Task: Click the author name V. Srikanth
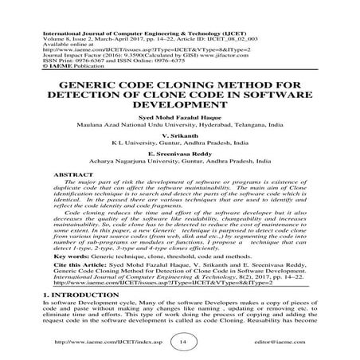tap(179, 136)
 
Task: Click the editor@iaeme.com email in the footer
tap(282, 342)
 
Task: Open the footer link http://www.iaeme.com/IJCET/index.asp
tap(91, 342)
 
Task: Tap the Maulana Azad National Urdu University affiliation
tap(179, 124)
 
